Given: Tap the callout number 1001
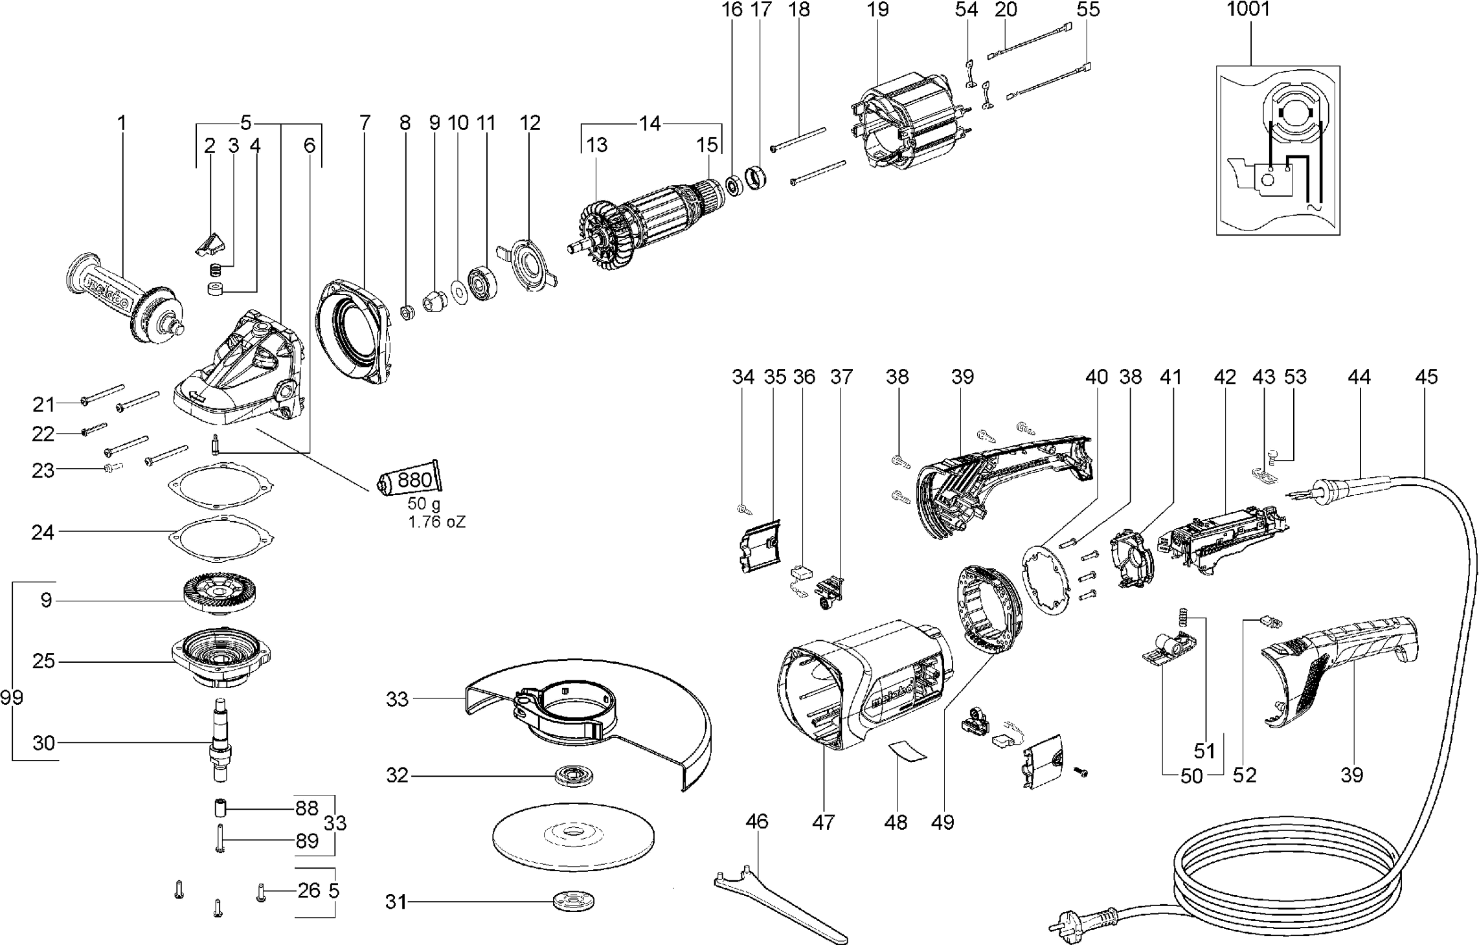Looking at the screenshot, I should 1248,10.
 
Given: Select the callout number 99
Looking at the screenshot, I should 12,698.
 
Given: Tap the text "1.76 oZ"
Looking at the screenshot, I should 436,522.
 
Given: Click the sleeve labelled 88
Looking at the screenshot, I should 223,809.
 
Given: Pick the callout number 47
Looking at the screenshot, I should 823,823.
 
